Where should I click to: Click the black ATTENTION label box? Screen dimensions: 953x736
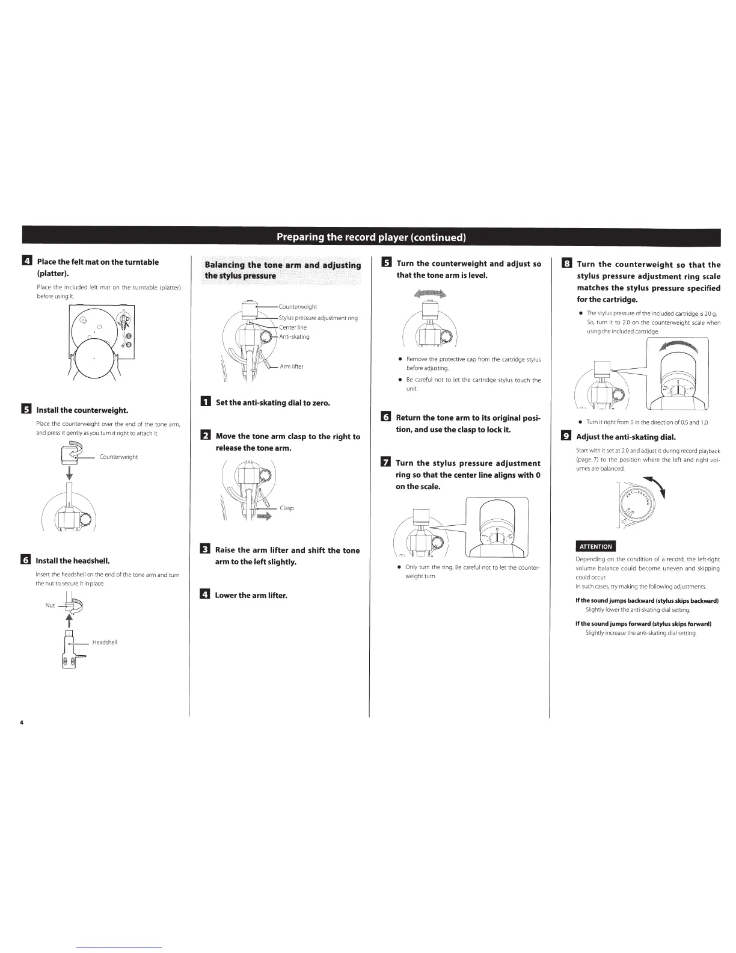595,546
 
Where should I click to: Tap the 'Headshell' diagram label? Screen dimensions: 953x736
105,643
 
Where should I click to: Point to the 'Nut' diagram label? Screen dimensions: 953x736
50,605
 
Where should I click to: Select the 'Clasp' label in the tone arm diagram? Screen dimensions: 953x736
287,508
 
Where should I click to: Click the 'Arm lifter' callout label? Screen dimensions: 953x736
292,366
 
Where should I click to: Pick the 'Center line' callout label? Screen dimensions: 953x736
293,327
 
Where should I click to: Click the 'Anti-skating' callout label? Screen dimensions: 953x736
294,337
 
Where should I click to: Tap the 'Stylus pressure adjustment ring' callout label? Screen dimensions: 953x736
318,318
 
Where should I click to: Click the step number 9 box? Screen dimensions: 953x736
566,437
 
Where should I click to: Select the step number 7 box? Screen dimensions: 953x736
386,463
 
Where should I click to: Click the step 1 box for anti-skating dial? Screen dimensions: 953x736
204,402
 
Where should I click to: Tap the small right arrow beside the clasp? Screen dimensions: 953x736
264,516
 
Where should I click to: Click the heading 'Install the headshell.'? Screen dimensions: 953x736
73,561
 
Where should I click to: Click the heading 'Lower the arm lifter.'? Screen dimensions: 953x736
251,596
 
